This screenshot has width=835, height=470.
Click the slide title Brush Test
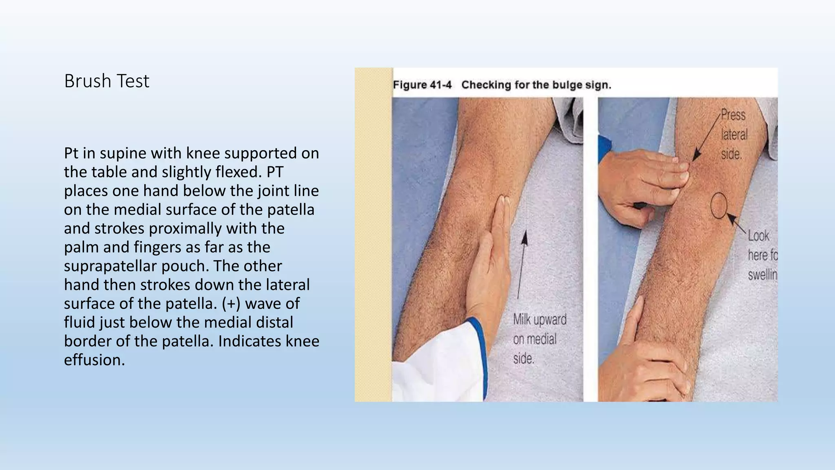[107, 81]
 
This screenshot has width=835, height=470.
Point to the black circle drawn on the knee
[719, 205]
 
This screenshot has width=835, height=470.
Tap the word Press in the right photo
[733, 115]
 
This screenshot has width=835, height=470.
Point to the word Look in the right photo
[758, 236]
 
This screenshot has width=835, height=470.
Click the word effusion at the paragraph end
[94, 360]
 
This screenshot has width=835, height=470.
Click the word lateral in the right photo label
[734, 135]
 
